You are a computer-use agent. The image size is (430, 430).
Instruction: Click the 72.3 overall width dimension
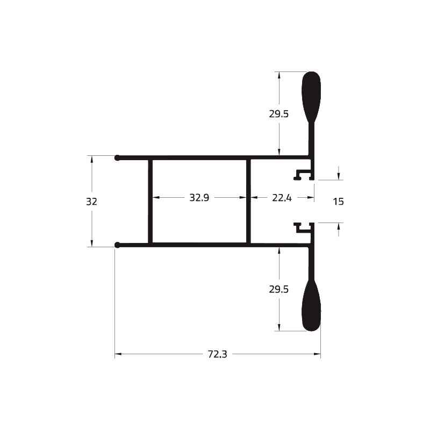(x=218, y=354)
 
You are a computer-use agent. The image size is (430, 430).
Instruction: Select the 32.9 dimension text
(x=199, y=197)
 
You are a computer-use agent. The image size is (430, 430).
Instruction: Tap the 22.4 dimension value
(x=282, y=198)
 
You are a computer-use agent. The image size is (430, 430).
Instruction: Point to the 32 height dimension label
(x=91, y=202)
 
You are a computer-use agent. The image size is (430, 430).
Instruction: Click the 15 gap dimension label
(x=339, y=202)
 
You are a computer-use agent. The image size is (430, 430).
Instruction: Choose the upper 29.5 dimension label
(x=279, y=114)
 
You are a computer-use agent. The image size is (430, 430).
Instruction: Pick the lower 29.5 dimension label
(x=279, y=289)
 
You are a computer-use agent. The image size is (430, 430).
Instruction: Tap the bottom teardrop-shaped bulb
(x=311, y=306)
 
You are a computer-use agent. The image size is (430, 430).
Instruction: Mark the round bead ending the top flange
(x=117, y=157)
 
